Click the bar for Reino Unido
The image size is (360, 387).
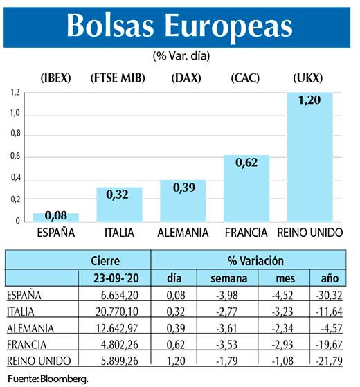(309, 159)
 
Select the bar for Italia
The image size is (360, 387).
(119, 205)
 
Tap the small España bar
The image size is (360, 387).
(56, 217)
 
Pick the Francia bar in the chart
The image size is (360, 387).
(246, 189)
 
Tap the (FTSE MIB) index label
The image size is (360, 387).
(118, 78)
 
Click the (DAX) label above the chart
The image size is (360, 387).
(183, 78)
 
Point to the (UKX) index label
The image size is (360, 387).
(309, 78)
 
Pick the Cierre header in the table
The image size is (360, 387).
(105, 261)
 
